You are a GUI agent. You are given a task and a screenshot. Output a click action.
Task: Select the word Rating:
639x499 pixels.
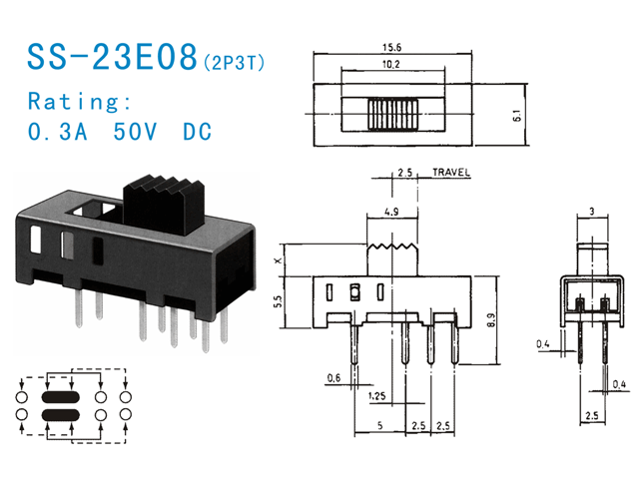[80, 102]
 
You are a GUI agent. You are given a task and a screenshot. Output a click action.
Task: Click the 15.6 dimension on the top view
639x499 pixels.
[388, 47]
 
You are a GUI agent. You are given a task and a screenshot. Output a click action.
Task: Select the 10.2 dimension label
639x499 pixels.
[391, 64]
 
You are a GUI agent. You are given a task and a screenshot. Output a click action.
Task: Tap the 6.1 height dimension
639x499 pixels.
[516, 117]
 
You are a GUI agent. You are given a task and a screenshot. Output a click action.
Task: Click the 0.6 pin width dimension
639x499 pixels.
[332, 377]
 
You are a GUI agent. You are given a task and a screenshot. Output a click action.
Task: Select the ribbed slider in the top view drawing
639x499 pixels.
[393, 116]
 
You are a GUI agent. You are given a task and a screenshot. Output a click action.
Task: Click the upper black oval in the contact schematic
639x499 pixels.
[61, 395]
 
